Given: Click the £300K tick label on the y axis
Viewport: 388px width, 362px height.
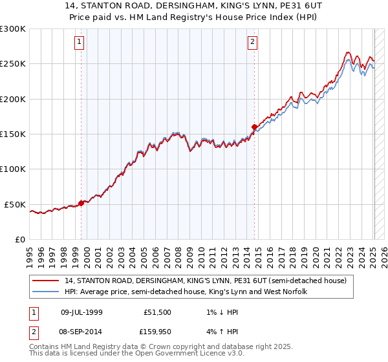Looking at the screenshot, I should (13, 29).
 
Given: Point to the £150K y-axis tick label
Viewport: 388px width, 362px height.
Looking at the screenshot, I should (13, 134).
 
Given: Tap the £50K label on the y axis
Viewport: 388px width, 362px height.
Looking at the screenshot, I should (16, 204).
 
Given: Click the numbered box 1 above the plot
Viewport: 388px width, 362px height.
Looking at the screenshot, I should (79, 43).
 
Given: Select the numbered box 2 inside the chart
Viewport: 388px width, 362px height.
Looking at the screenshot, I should (252, 43).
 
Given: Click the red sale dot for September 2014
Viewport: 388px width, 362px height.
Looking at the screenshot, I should (254, 127).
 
